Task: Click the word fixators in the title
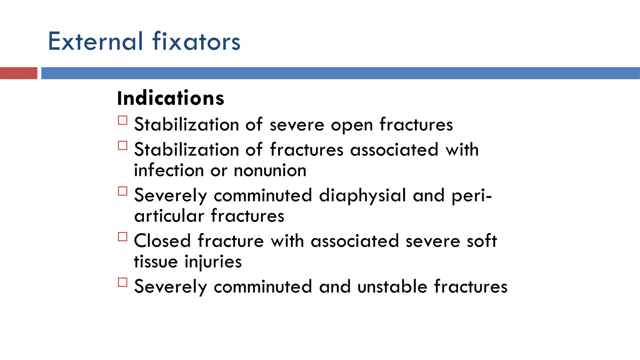coord(197,41)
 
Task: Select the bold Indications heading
coord(171,98)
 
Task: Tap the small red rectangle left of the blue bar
coord(18,73)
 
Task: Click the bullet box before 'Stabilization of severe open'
coord(123,120)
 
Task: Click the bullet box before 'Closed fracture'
coord(123,237)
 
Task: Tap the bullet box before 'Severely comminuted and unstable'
coord(123,282)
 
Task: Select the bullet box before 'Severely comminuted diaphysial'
coord(123,191)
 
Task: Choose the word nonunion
coord(270,171)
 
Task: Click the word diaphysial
coord(362,195)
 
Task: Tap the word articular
coord(169,216)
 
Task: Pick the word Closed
coord(162,241)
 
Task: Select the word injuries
coord(213,262)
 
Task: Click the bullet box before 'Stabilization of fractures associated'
coord(123,146)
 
